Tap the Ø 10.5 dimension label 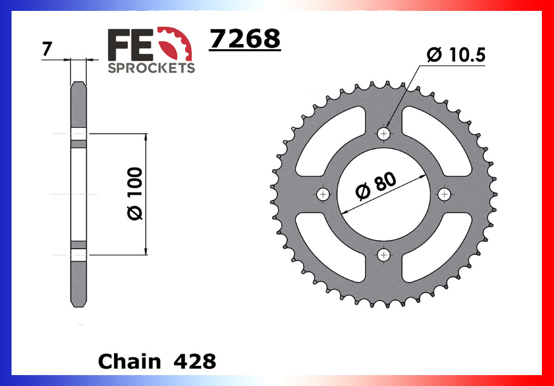click(x=456, y=56)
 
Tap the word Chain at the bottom click(x=130, y=361)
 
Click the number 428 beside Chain click(x=194, y=361)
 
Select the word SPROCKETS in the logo click(x=152, y=68)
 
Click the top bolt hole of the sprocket click(x=384, y=133)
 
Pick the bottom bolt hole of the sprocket click(x=384, y=255)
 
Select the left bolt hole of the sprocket click(x=322, y=194)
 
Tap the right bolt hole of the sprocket click(x=445, y=194)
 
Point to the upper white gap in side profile click(x=79, y=134)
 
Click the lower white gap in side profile click(x=79, y=255)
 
